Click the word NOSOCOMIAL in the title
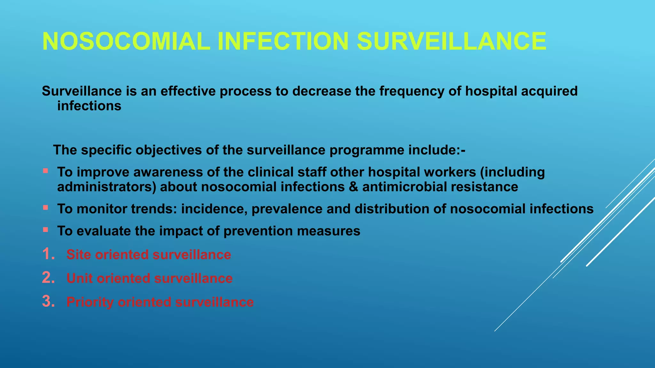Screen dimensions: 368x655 click(x=126, y=42)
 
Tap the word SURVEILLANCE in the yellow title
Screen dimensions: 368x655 click(x=451, y=42)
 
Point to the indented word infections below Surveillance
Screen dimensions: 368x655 click(x=89, y=106)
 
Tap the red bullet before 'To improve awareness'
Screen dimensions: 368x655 click(x=45, y=171)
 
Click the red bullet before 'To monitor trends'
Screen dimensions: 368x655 click(x=45, y=208)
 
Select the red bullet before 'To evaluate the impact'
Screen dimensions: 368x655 click(x=45, y=230)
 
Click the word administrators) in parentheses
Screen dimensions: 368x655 click(x=107, y=187)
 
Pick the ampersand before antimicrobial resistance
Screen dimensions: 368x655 click(x=353, y=187)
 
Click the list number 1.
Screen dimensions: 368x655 click(x=48, y=254)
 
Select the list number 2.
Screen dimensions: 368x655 click(x=48, y=278)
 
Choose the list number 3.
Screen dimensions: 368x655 click(x=48, y=302)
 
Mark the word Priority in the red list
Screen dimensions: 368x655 click(x=90, y=302)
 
